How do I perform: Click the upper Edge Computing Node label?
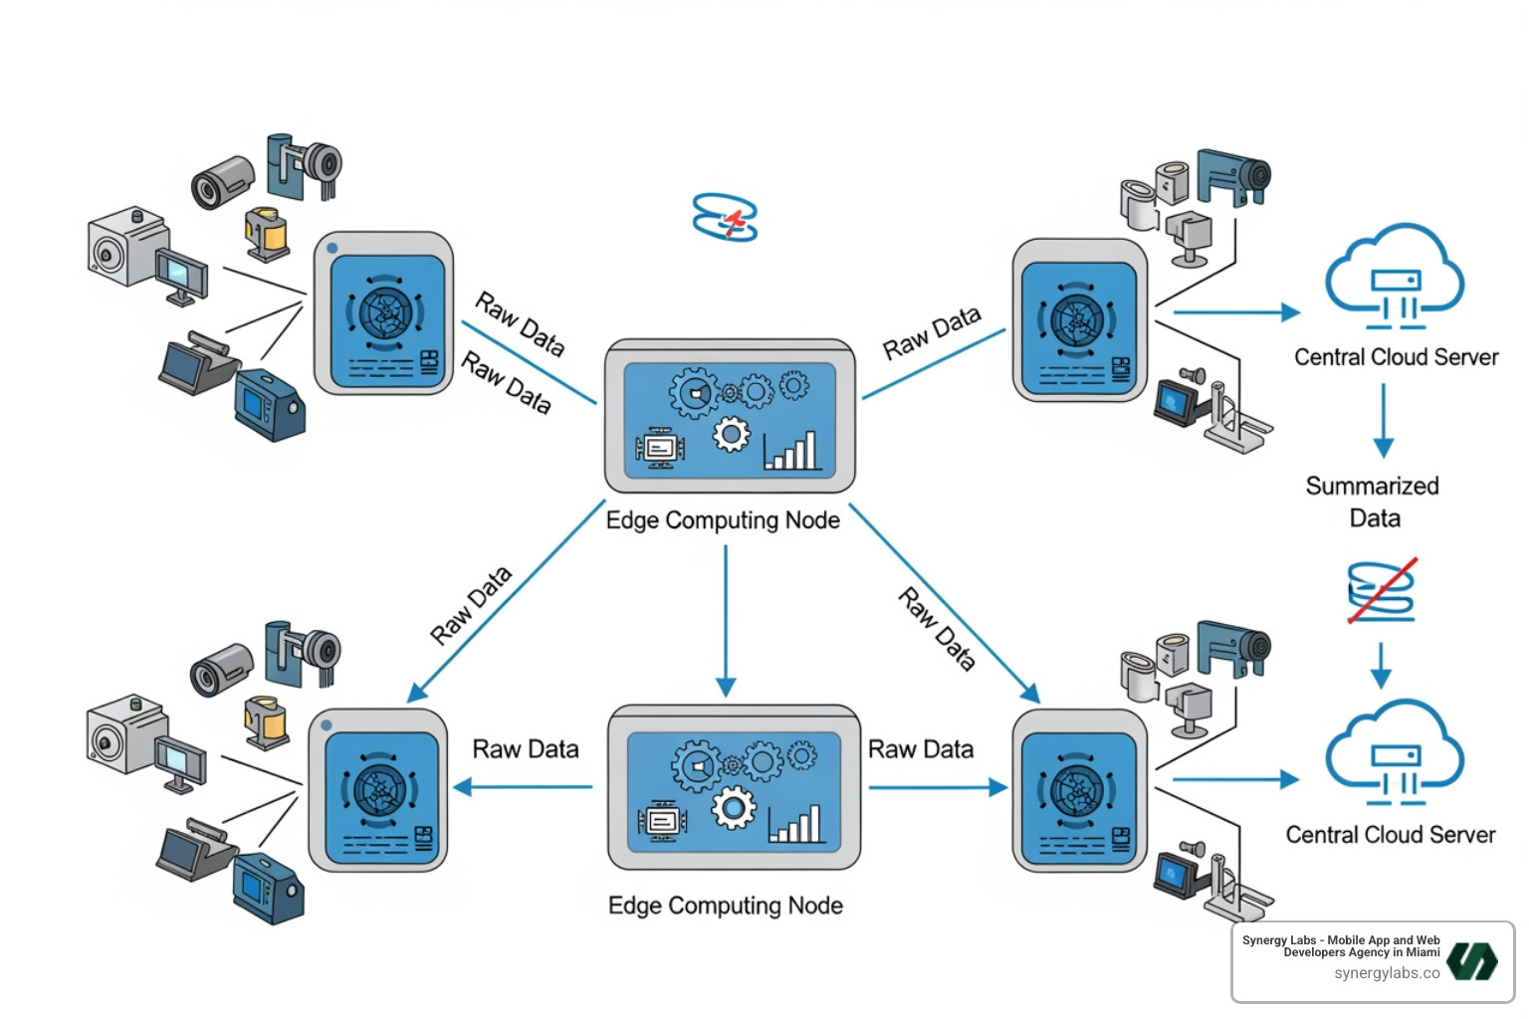click(723, 520)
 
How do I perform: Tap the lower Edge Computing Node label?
click(725, 906)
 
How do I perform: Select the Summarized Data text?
click(1373, 502)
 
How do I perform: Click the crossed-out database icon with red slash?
click(1382, 591)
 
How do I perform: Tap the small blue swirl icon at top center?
click(725, 217)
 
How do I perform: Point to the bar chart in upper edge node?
click(791, 451)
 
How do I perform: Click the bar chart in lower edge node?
click(795, 824)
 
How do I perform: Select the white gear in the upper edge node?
click(732, 434)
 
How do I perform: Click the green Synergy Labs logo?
click(1472, 961)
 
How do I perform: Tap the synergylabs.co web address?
click(1387, 973)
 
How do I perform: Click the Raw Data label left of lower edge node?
click(525, 749)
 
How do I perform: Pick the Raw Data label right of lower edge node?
click(921, 749)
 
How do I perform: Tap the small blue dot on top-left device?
click(331, 248)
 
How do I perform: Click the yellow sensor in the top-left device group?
click(266, 233)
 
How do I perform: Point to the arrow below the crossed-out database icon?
click(1381, 665)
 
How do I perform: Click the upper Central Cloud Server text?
click(1396, 357)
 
